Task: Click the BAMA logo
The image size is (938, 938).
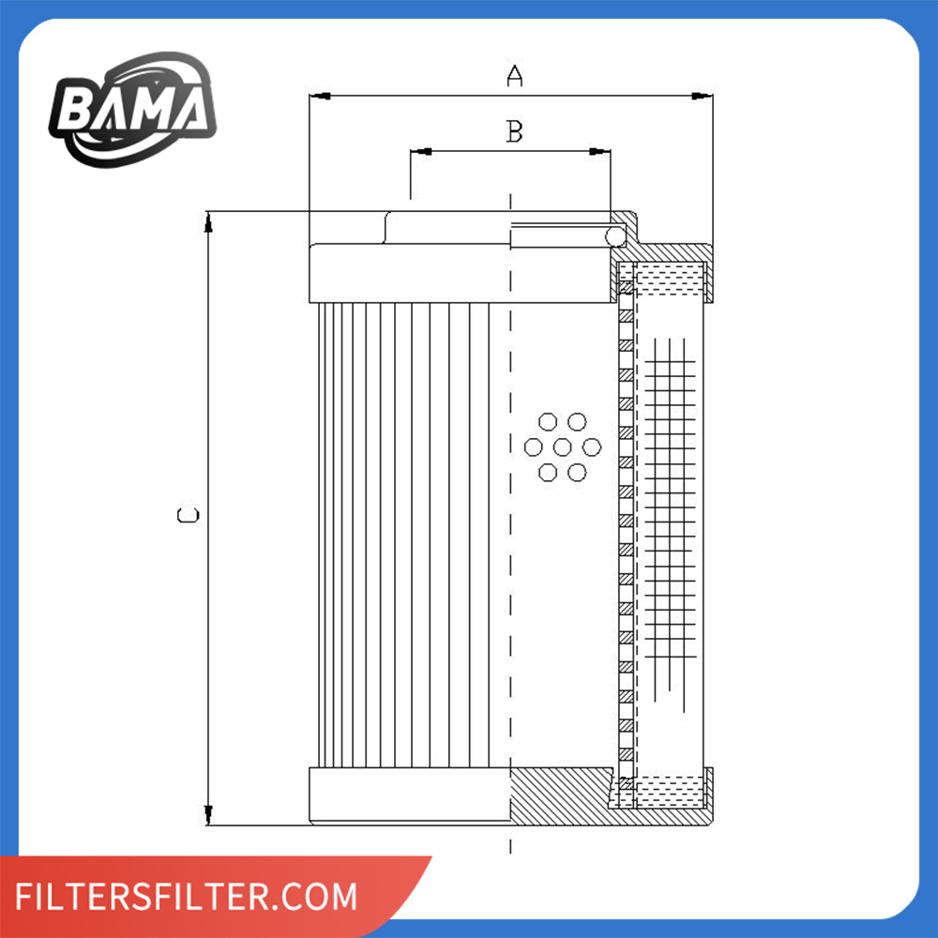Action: tap(133, 109)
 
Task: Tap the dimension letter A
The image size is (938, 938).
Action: tap(514, 76)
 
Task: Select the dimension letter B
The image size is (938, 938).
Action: tap(514, 131)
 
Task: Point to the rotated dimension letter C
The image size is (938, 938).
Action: tap(188, 515)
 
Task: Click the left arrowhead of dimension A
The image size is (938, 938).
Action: tap(320, 96)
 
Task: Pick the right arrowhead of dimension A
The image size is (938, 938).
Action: tap(702, 96)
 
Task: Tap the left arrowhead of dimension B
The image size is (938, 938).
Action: tap(421, 151)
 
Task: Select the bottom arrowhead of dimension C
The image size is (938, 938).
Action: tap(208, 815)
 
